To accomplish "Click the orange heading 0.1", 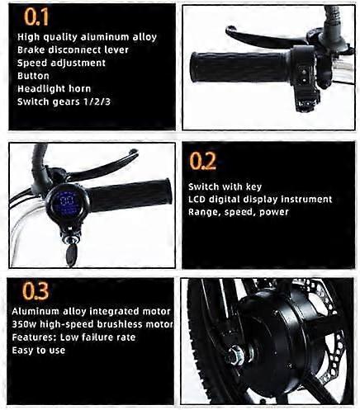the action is [x=36, y=17].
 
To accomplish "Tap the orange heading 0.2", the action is [x=202, y=161].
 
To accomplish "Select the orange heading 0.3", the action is [x=36, y=290].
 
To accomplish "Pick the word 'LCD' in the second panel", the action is [x=197, y=199].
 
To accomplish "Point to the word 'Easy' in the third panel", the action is [x=23, y=351].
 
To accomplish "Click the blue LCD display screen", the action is [x=67, y=203].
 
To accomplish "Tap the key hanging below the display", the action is [x=71, y=255].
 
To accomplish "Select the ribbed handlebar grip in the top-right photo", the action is [x=239, y=67].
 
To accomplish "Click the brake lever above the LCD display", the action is [x=102, y=164].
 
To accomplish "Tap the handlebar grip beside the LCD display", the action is [x=130, y=196].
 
